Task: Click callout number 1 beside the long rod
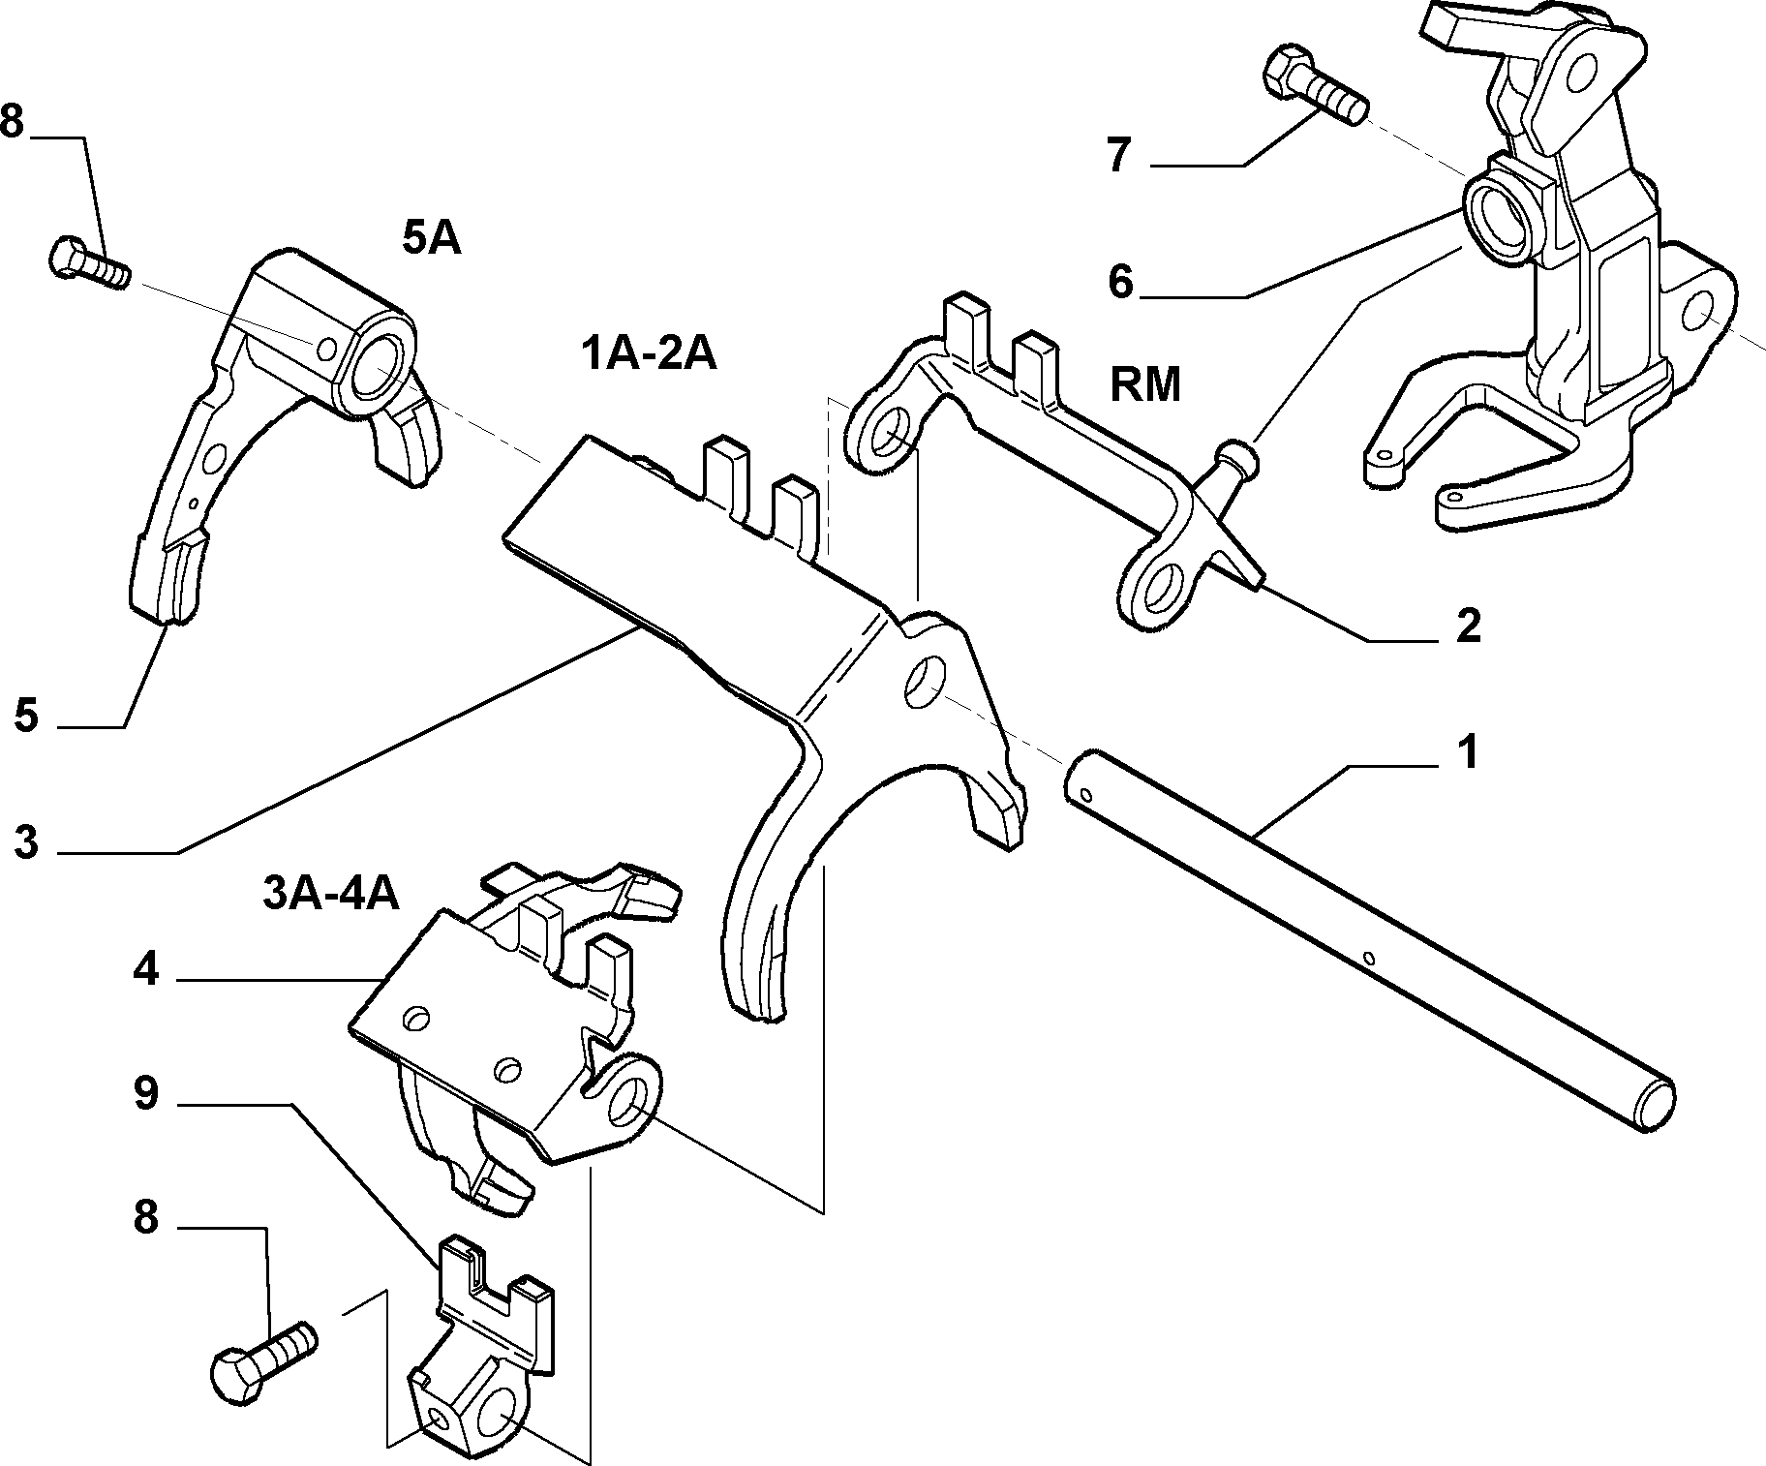coord(1468,752)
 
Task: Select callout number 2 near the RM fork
coord(1468,626)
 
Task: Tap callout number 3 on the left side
coord(26,842)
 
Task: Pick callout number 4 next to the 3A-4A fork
coord(145,969)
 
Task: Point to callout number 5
coord(26,717)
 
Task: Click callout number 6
coord(1120,283)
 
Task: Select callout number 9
coord(145,1094)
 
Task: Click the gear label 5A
coord(431,239)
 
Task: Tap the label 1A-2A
coord(649,354)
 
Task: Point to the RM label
coord(1145,384)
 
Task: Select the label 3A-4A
coord(331,894)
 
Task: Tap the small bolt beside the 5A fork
coord(88,262)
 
